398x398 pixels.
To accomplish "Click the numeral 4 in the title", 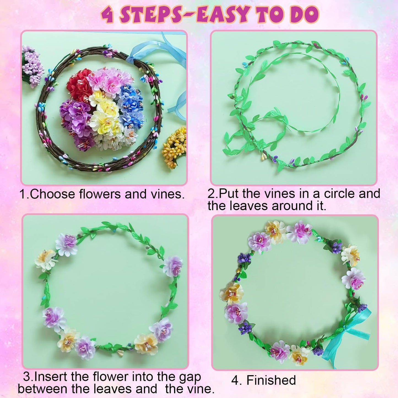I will (x=108, y=15).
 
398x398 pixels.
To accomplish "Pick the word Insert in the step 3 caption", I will (x=51, y=377).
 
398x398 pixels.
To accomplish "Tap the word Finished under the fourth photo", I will (x=271, y=380).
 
